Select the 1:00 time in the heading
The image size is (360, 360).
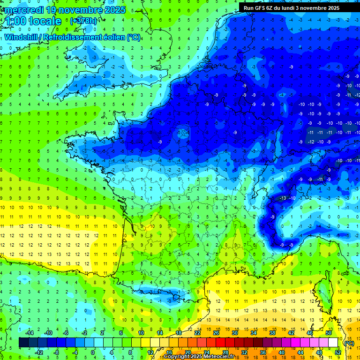pos(14,21)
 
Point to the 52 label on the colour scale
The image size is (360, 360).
pos(338,352)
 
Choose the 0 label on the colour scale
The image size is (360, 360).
pos(92,352)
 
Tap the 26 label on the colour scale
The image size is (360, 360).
pos(216,333)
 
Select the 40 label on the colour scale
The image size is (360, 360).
pos(282,352)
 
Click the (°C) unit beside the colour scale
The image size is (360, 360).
pos(349,343)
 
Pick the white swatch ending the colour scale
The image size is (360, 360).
pos(333,343)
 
